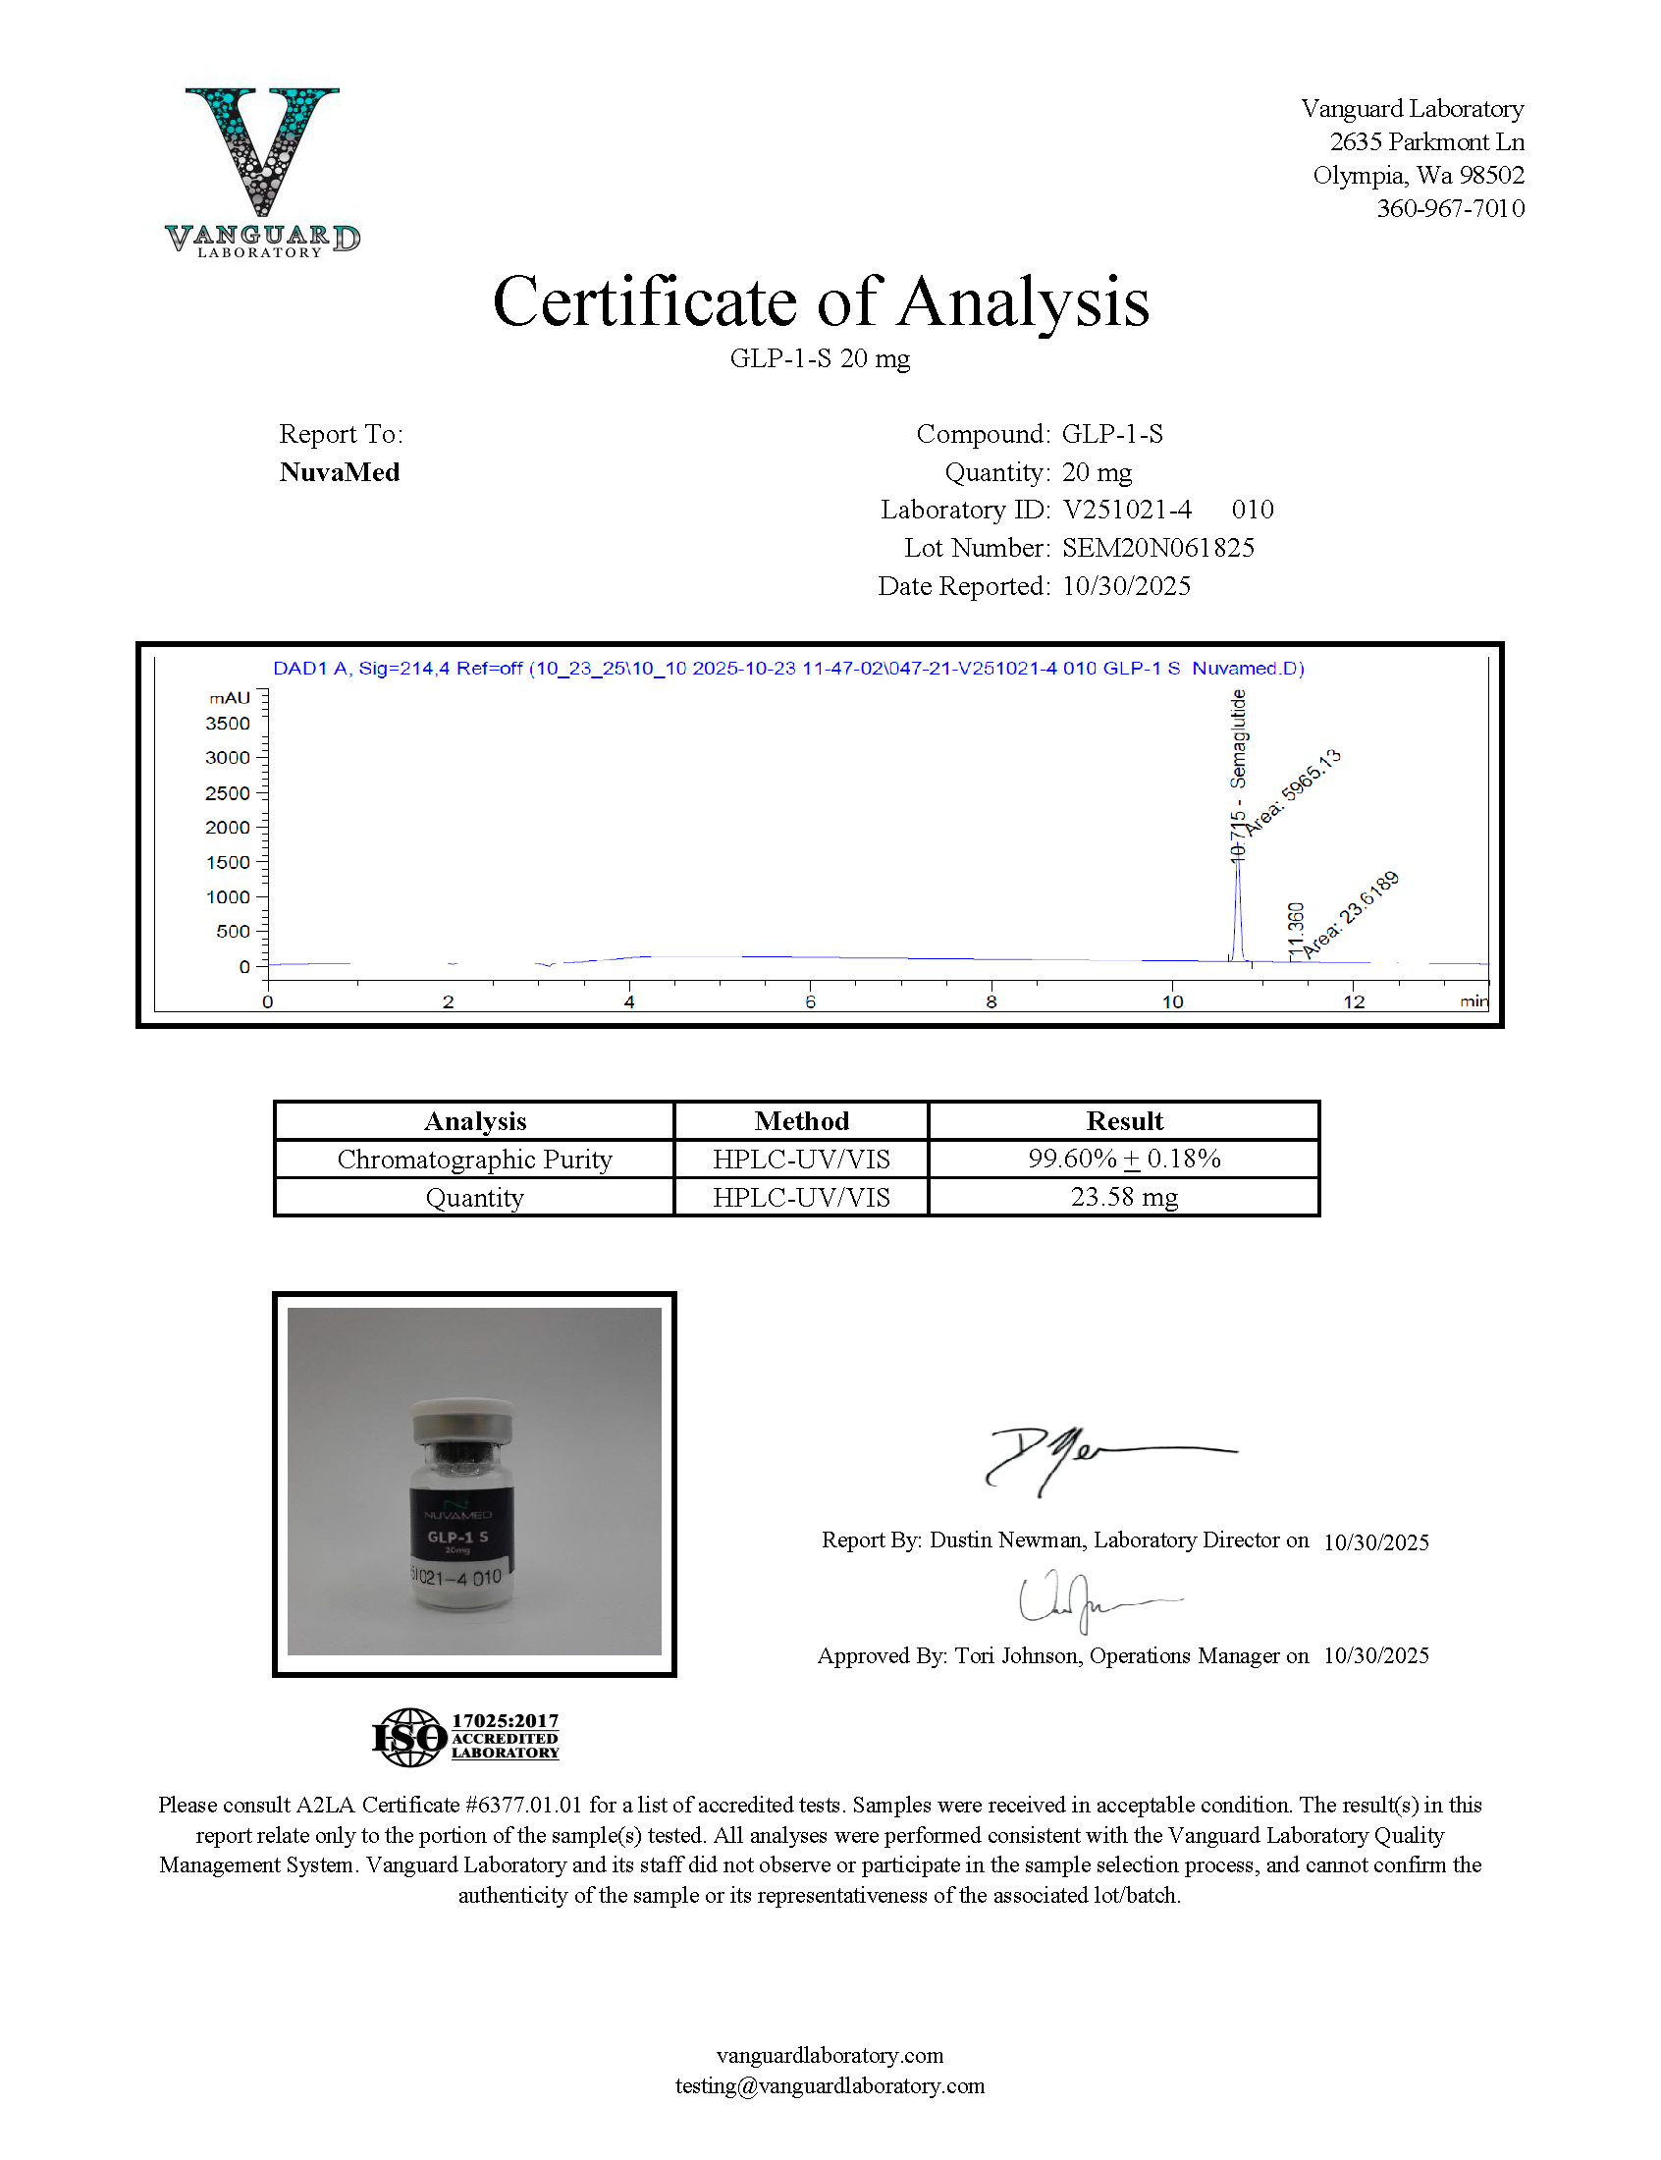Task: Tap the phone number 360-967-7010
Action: [x=1449, y=208]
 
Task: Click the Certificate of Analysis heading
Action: [x=821, y=301]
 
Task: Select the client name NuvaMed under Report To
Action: [x=339, y=472]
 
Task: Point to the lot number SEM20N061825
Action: [x=1157, y=548]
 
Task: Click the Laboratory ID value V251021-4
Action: [x=1126, y=511]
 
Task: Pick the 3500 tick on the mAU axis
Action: [x=228, y=724]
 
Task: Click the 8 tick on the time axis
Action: [x=991, y=1001]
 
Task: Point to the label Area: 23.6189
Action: [x=1350, y=914]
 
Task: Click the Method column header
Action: [x=801, y=1121]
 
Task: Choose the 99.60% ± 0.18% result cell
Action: [x=1124, y=1159]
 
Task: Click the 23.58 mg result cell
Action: [x=1124, y=1197]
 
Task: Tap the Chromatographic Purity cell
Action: [x=474, y=1159]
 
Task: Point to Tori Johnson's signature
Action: [x=1088, y=1599]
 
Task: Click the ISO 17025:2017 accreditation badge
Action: [x=465, y=1737]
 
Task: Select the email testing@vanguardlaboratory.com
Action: [x=830, y=2085]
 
